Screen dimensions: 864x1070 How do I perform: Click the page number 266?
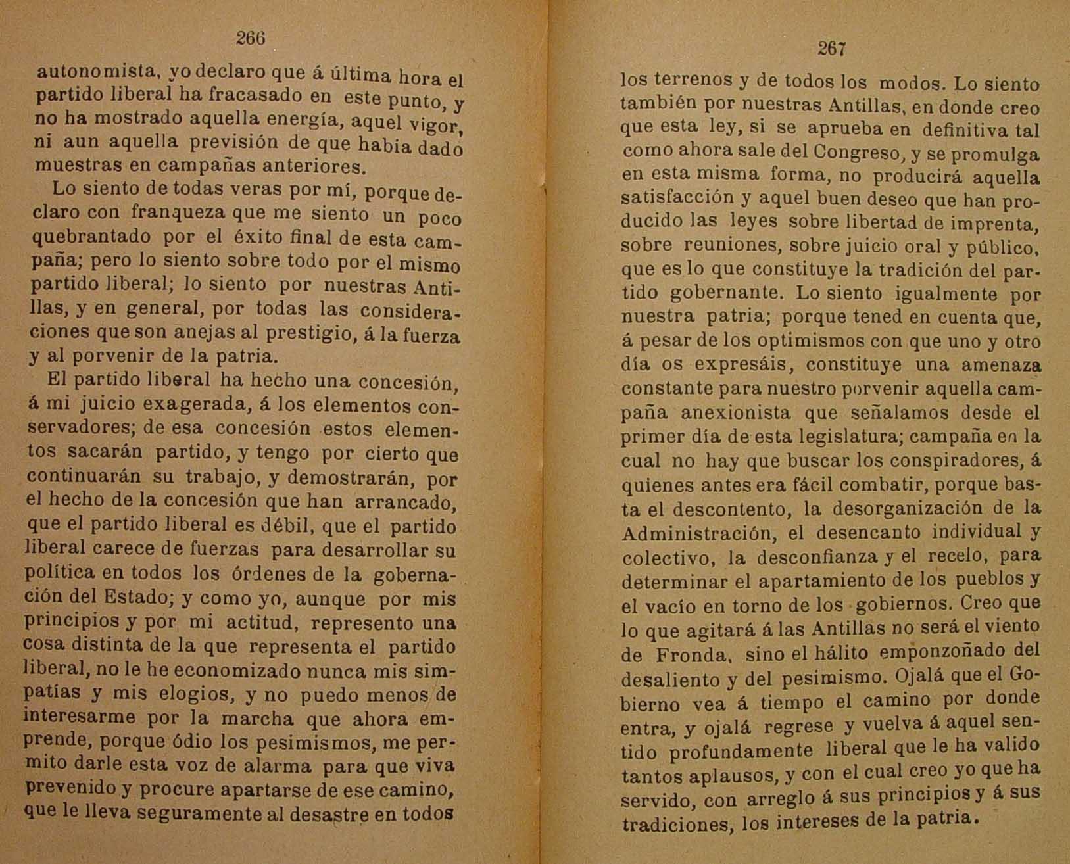(251, 38)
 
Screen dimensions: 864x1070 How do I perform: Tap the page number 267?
(831, 49)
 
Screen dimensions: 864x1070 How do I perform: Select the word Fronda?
(693, 655)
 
